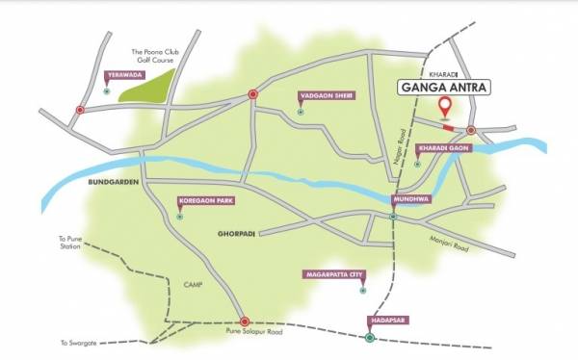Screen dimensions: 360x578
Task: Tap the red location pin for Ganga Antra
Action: click(x=445, y=107)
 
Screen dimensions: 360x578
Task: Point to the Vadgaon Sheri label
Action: click(x=320, y=96)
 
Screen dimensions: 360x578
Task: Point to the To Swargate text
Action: click(x=77, y=343)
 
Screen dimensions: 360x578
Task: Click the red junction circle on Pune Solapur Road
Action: click(x=245, y=321)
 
